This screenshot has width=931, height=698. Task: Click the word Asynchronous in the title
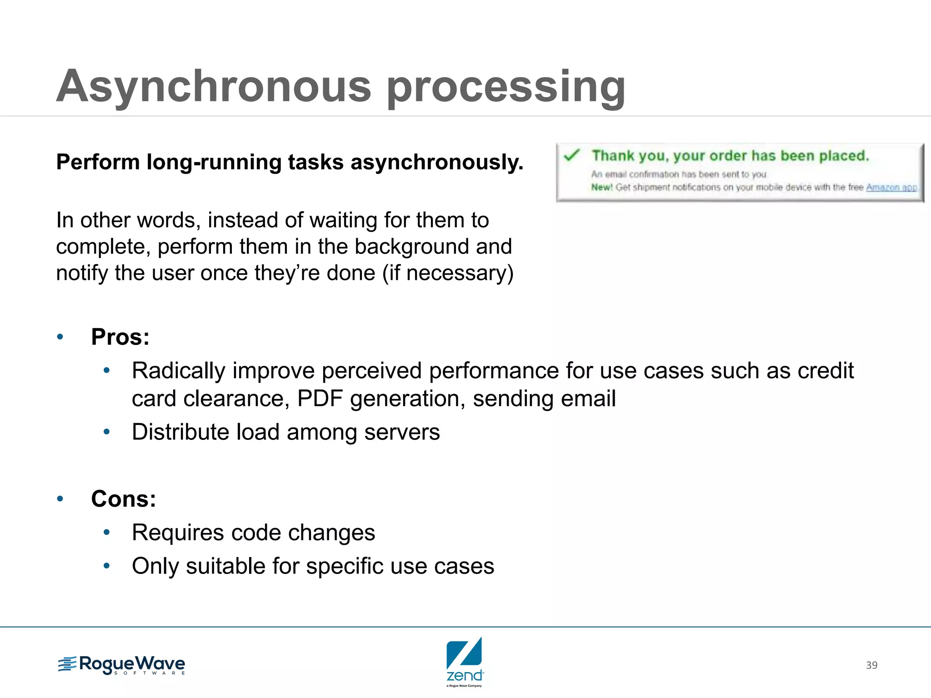[214, 86]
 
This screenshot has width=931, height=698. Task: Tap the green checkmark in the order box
[571, 155]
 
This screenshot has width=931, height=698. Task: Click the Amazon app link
[891, 187]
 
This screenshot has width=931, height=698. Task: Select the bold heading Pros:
[120, 337]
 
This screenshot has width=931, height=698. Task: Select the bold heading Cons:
[123, 499]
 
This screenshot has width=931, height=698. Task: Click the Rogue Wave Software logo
[122, 665]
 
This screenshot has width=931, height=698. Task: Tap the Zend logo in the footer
[465, 661]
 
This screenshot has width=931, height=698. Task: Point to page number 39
[871, 665]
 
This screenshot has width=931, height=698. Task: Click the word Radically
[178, 370]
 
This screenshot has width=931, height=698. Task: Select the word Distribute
[180, 432]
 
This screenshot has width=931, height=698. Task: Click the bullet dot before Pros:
[60, 337]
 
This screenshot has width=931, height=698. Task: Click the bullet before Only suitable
[106, 566]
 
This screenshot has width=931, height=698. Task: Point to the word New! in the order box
[601, 187]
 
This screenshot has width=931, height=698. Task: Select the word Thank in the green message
[612, 156]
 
